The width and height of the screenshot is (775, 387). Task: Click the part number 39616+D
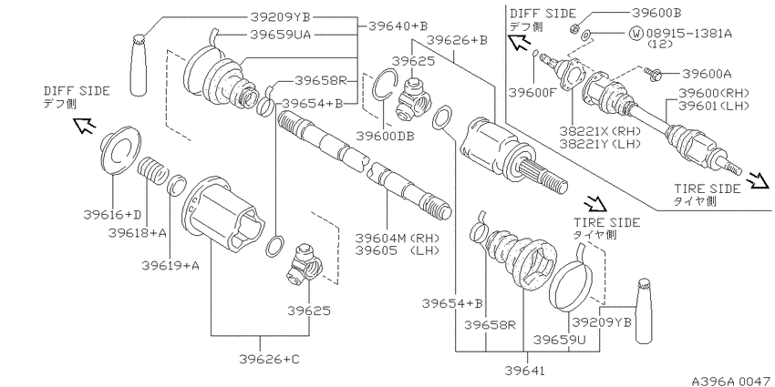pyautogui.click(x=112, y=214)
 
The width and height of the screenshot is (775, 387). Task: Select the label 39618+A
pyautogui.click(x=138, y=232)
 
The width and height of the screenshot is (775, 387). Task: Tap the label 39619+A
pyautogui.click(x=170, y=266)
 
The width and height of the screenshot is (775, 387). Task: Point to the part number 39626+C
pyautogui.click(x=269, y=359)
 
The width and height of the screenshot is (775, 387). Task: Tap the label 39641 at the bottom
pyautogui.click(x=528, y=369)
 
